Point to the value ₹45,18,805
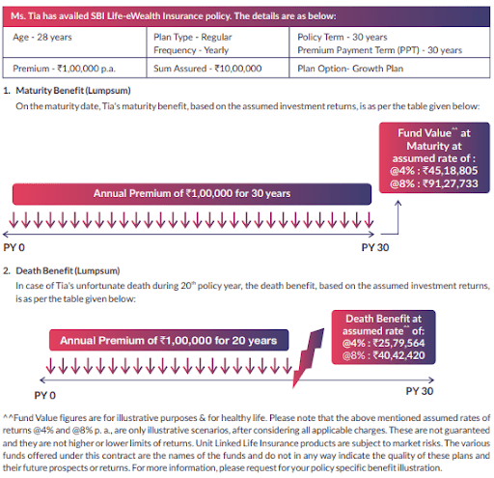coord(451,171)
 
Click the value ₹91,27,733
coord(451,183)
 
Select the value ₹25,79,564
coord(398,343)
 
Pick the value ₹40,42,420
coord(398,355)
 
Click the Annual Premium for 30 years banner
coord(192,194)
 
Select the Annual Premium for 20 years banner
coord(169,340)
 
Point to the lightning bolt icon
coord(307,357)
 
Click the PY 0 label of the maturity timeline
coord(14,247)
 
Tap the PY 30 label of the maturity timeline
coord(375,247)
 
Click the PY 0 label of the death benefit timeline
coord(45,395)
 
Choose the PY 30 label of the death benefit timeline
coord(420,391)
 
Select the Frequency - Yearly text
coord(191,50)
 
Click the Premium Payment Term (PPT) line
coord(379,50)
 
